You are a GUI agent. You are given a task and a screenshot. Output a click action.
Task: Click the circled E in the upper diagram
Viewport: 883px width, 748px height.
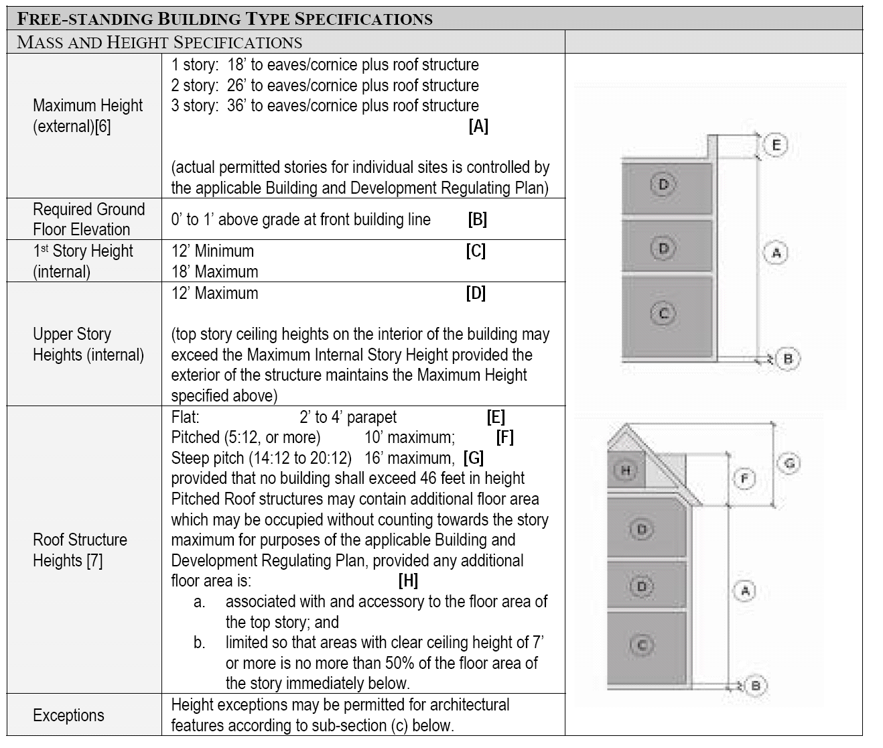coord(775,145)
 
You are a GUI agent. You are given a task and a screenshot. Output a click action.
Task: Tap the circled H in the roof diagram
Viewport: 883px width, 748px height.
coord(625,471)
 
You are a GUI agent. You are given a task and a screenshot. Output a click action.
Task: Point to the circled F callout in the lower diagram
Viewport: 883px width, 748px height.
coord(744,479)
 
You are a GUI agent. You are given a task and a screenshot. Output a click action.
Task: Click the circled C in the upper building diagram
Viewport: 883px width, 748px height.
coord(663,312)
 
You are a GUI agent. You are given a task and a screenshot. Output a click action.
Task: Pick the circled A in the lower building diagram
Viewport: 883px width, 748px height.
coord(744,590)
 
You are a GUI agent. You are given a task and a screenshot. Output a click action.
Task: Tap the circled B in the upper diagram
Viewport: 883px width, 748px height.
coord(788,359)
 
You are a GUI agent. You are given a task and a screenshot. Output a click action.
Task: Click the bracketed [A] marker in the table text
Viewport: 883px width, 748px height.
coord(478,126)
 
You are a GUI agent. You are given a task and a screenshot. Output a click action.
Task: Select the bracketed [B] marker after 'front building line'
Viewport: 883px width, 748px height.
coord(477,219)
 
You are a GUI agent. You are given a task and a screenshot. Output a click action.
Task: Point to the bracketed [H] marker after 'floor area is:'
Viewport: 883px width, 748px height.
coord(407,580)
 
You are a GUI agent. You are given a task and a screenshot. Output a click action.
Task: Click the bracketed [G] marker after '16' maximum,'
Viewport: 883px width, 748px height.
coord(473,458)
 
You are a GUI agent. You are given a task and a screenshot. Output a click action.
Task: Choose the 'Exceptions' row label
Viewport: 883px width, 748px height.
coord(68,715)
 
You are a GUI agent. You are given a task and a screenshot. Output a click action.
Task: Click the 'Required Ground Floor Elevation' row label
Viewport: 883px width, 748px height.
coord(88,219)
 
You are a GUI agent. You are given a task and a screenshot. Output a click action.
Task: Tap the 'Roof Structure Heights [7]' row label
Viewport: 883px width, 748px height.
coord(80,550)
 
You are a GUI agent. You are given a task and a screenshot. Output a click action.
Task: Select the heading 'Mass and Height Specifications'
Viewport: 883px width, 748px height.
coord(159,42)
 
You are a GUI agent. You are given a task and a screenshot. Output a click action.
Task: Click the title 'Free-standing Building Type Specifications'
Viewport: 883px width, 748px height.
coord(224,18)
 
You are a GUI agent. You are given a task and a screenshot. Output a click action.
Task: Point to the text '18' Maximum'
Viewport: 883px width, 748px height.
coord(214,271)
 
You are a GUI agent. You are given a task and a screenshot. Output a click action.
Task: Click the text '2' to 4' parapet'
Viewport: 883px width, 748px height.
coord(348,417)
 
